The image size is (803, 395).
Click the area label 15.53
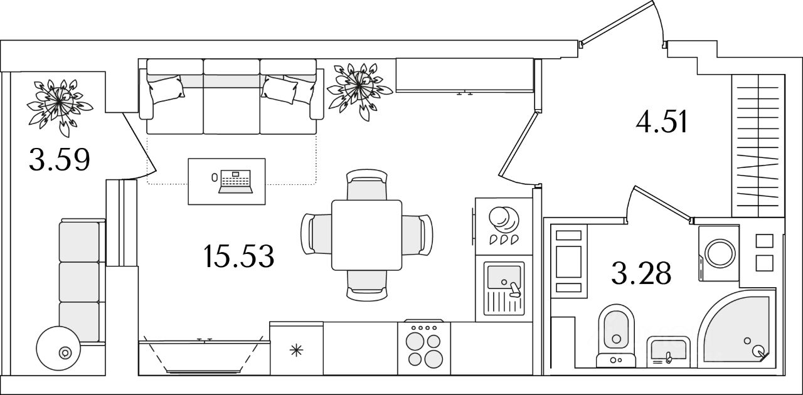(239, 256)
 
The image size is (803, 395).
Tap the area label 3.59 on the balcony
(60, 161)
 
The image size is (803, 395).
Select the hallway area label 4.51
(662, 123)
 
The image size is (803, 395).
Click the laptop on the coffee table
(235, 181)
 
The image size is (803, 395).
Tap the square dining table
(366, 234)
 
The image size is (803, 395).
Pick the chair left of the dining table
(317, 234)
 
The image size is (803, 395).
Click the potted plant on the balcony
(58, 102)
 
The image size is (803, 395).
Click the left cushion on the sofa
(165, 89)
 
